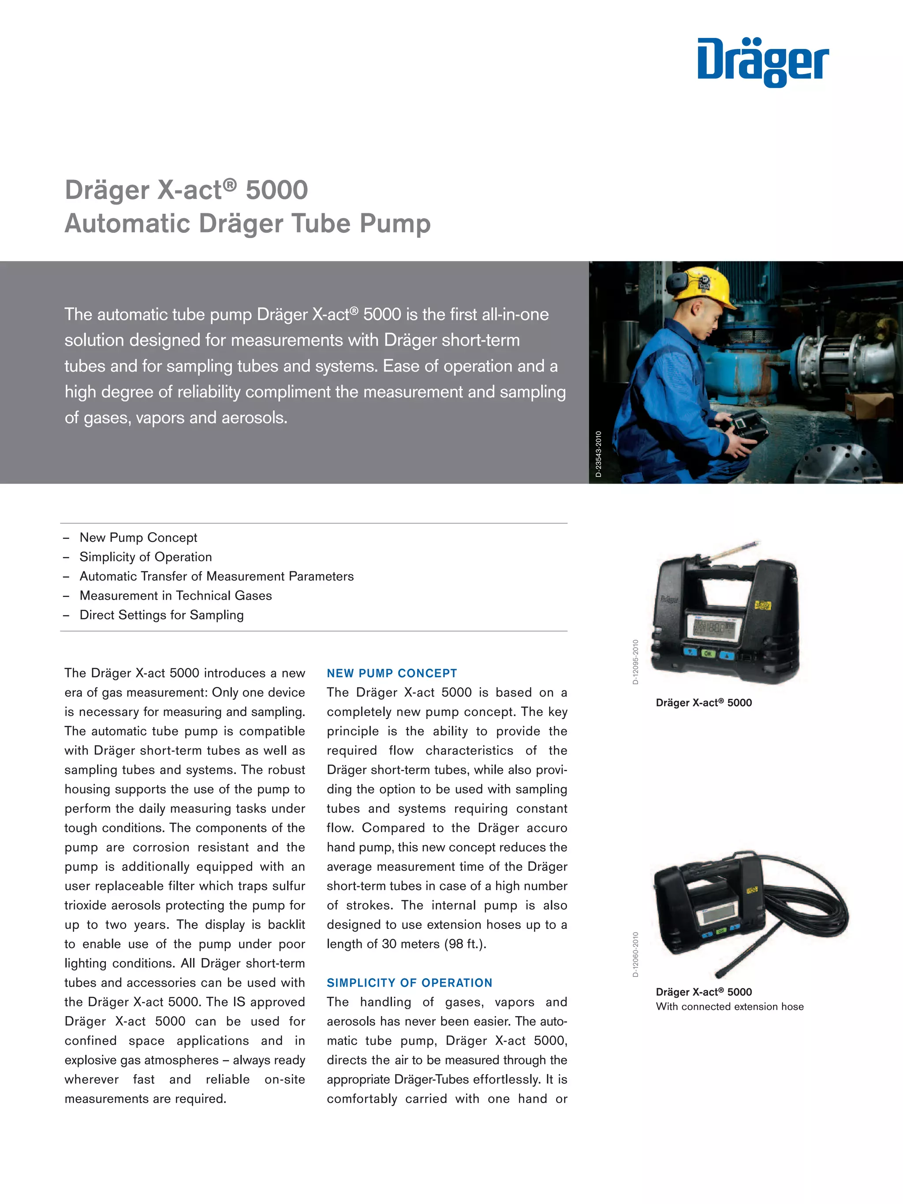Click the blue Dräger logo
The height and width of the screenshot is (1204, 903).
point(763,62)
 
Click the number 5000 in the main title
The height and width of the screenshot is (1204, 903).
point(276,190)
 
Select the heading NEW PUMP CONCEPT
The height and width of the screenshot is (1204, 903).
point(392,673)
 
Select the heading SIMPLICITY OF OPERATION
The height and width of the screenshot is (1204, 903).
point(409,983)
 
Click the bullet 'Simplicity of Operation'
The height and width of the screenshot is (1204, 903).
point(146,557)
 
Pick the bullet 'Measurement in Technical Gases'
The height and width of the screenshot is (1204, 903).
point(175,596)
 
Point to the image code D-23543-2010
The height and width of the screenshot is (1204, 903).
point(598,454)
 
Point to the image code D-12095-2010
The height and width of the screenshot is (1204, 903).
point(635,662)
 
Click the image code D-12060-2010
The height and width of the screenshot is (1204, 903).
point(635,954)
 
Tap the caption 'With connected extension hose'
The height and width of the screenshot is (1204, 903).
point(729,1006)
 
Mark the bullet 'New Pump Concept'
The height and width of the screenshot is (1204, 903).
point(138,538)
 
